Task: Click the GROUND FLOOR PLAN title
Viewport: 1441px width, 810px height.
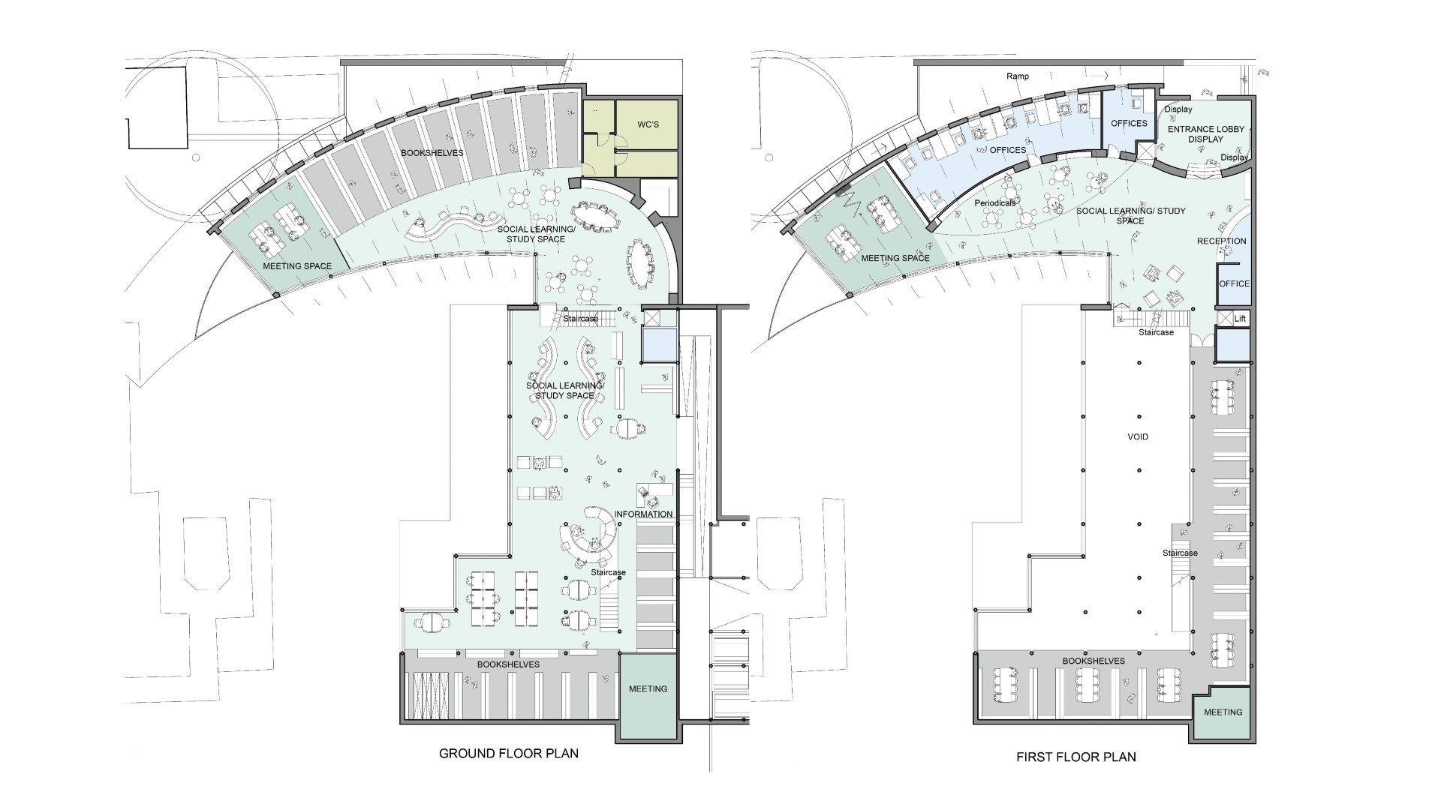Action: pyautogui.click(x=508, y=753)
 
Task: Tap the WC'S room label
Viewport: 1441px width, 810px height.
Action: pyautogui.click(x=648, y=124)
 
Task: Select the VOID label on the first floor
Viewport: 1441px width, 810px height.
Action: pyautogui.click(x=1138, y=436)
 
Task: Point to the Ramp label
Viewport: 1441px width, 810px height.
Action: pyautogui.click(x=1018, y=76)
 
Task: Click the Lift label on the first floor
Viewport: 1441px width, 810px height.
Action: pyautogui.click(x=1240, y=319)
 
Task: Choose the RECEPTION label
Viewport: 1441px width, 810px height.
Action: pyautogui.click(x=1221, y=241)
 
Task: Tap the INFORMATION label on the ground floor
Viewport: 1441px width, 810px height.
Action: pyautogui.click(x=643, y=514)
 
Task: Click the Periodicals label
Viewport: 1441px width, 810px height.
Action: pyautogui.click(x=995, y=203)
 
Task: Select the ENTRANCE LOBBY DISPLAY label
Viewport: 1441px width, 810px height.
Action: pyautogui.click(x=1205, y=133)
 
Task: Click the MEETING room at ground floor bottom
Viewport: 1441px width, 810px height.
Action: pyautogui.click(x=648, y=697)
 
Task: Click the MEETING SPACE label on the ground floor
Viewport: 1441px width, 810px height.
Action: pyautogui.click(x=298, y=266)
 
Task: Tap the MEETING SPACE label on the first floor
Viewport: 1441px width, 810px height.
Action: pyautogui.click(x=895, y=258)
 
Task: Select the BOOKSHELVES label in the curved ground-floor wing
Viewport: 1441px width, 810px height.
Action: pyautogui.click(x=432, y=153)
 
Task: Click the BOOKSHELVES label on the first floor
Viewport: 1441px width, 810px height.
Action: pyautogui.click(x=1094, y=661)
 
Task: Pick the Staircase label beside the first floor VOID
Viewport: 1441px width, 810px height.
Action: pyautogui.click(x=1180, y=553)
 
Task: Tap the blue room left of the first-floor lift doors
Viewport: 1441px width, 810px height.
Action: pyautogui.click(x=1232, y=346)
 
